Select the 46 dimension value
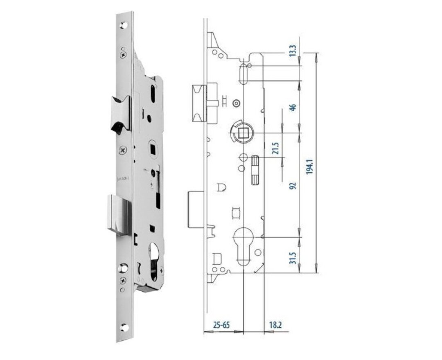[x=293, y=107]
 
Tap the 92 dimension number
[x=293, y=185]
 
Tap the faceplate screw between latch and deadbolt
[x=123, y=150]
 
